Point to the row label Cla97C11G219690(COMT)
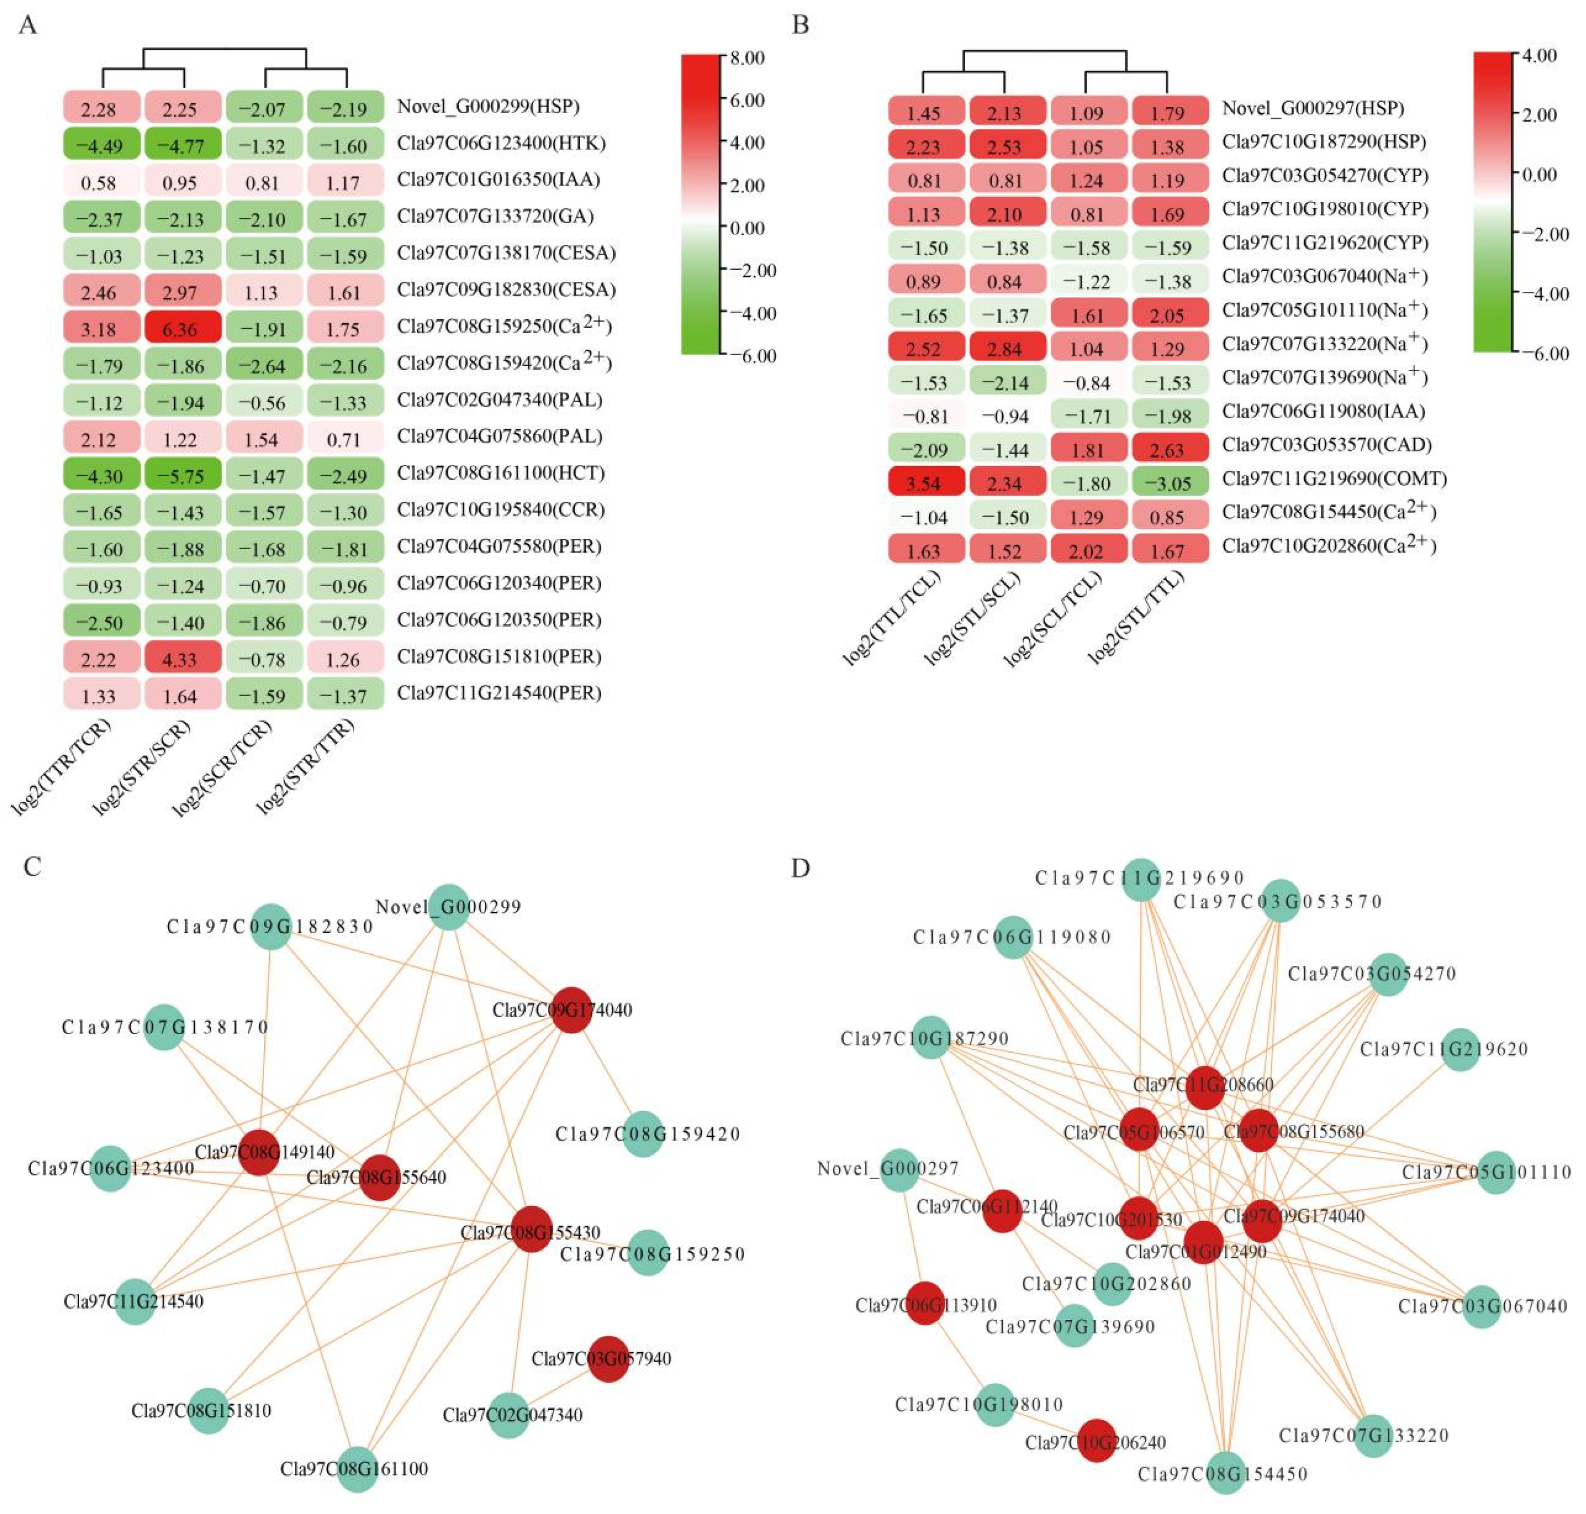click(1333, 479)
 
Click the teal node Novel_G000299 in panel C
click(449, 907)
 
